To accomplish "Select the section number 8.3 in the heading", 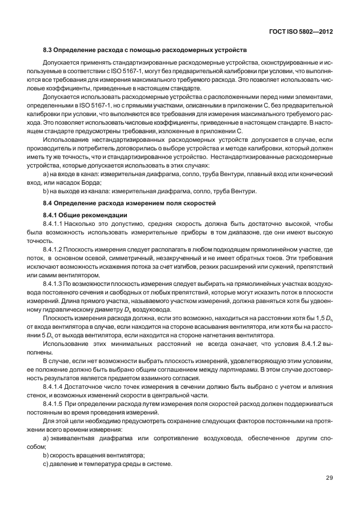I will coord(48,50).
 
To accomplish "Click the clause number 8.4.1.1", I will coord(55,225).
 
